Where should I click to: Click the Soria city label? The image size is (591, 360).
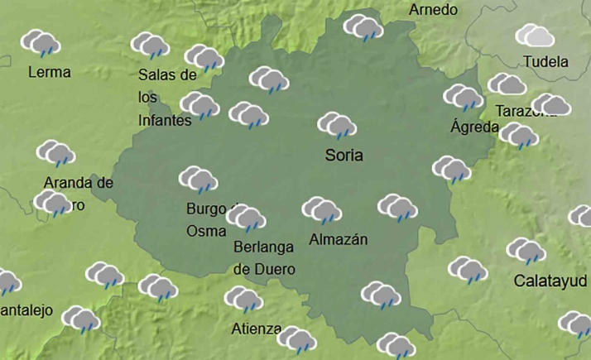tap(344, 155)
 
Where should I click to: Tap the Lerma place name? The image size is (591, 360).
tap(49, 72)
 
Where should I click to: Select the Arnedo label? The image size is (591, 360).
tap(433, 10)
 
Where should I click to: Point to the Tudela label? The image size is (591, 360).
tap(545, 61)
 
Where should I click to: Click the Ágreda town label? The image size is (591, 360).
tap(474, 127)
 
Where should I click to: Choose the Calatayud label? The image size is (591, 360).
tap(550, 280)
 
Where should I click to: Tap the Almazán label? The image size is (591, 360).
tap(338, 239)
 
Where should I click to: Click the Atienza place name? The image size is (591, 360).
tap(257, 328)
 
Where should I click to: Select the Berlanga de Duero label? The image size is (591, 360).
tap(265, 257)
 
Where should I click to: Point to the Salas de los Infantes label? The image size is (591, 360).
tap(166, 97)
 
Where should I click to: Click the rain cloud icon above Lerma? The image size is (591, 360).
tap(41, 43)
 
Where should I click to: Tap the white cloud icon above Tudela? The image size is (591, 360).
tap(535, 35)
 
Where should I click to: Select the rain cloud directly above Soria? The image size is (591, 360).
tap(337, 126)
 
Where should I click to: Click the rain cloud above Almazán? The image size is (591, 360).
tap(321, 210)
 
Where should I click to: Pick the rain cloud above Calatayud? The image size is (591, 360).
tap(526, 251)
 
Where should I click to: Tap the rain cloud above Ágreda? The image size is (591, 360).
tap(463, 97)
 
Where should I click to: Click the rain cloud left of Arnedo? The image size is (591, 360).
tap(363, 27)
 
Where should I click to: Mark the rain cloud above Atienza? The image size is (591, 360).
tap(243, 299)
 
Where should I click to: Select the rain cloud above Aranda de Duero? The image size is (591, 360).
tap(56, 154)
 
